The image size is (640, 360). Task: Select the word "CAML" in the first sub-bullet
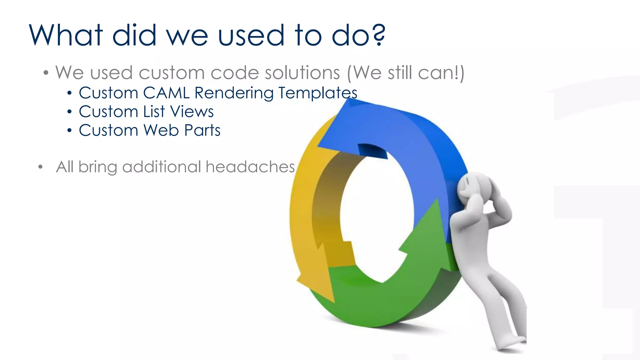pyautogui.click(x=166, y=93)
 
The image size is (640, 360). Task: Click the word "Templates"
pyautogui.click(x=317, y=93)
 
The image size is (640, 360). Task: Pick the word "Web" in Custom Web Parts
pyautogui.click(x=161, y=130)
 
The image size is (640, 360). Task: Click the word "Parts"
pyautogui.click(x=202, y=130)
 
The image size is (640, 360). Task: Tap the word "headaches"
pyautogui.click(x=250, y=167)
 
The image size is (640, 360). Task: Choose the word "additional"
pyautogui.click(x=162, y=167)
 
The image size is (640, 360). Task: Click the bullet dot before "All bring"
pyautogui.click(x=40, y=167)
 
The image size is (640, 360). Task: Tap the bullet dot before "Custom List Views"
pyautogui.click(x=69, y=112)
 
